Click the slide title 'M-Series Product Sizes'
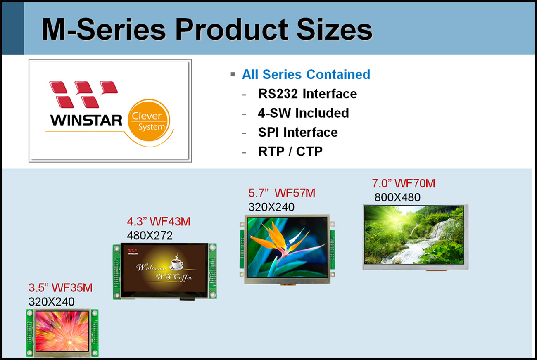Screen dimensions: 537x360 pos(207,30)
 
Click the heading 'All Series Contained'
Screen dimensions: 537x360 pos(306,74)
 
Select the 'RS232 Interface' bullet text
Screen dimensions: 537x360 pos(307,94)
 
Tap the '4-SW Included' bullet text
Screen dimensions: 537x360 pos(303,113)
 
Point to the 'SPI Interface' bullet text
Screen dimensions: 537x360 pos(298,132)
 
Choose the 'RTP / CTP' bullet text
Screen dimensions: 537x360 pos(290,152)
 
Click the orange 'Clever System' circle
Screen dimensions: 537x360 pos(149,120)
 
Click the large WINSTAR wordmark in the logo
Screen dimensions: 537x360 pos(86,120)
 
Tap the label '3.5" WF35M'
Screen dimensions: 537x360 pos(60,288)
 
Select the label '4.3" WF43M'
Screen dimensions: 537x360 pos(159,222)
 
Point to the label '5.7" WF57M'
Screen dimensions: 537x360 pos(282,193)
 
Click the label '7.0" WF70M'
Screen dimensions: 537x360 pos(404,183)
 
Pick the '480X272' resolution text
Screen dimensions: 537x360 pos(150,236)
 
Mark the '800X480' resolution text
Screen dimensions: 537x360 pos(397,197)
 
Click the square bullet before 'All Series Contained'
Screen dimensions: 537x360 pos(233,74)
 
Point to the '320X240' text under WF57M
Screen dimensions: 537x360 pos(271,207)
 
